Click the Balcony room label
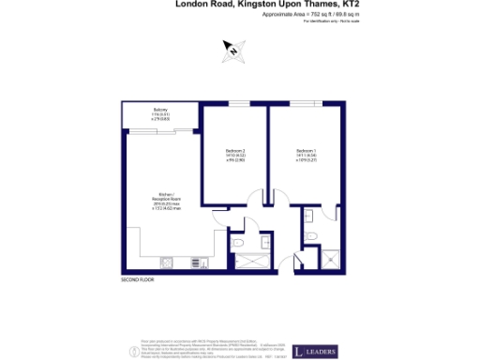coord(160,113)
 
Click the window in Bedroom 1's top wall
coord(306,103)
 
